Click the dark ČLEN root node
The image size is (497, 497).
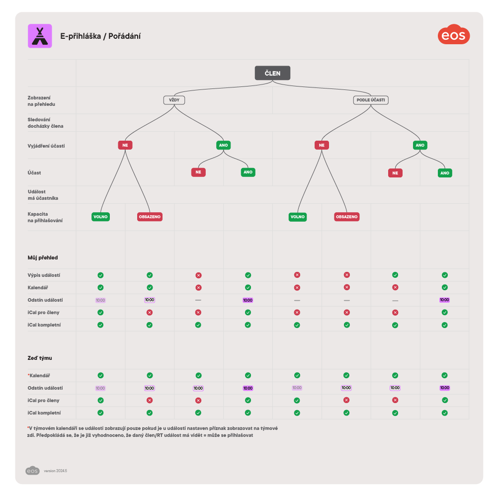(272, 73)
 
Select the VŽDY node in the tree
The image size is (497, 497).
(174, 100)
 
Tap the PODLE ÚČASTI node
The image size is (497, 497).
(371, 100)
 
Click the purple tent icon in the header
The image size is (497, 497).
(40, 36)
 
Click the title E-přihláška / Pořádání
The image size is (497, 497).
(100, 36)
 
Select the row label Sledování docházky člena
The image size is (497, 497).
(45, 123)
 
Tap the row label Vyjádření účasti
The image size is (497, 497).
(46, 146)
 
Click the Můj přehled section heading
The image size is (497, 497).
(43, 257)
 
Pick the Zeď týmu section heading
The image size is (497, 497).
(40, 358)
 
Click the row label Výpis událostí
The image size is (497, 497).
(44, 275)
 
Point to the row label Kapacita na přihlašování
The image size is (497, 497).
(45, 217)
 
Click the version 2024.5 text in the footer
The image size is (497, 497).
(55, 471)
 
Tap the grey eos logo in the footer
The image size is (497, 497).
(32, 471)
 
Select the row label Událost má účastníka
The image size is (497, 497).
(43, 195)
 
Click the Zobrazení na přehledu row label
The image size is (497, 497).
(41, 100)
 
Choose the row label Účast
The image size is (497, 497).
(35, 172)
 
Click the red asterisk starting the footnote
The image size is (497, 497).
(28, 427)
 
